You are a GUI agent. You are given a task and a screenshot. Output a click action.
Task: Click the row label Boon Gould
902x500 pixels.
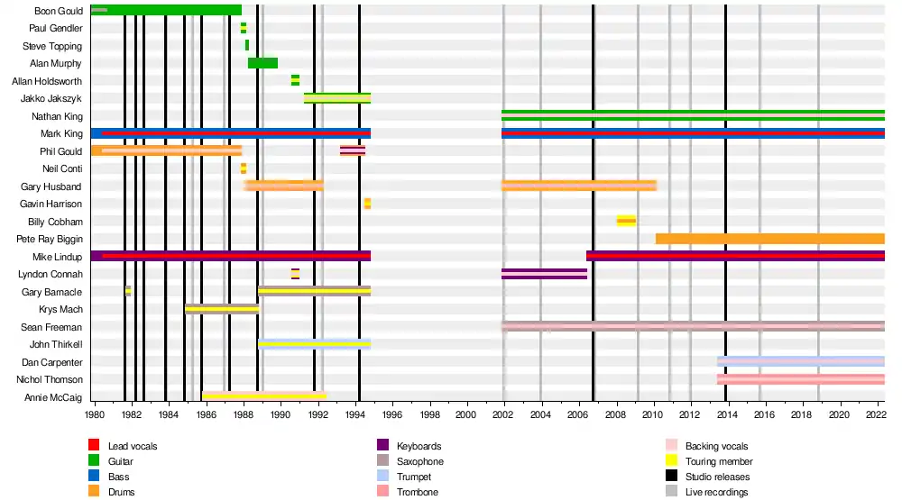[58, 11]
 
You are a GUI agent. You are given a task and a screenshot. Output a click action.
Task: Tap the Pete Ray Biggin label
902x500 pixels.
[50, 240]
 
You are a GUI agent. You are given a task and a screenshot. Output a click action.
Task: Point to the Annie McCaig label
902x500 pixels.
[53, 397]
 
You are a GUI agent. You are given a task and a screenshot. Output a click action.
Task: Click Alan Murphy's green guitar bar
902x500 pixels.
[262, 63]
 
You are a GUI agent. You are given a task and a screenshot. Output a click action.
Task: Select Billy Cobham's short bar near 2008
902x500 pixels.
[626, 221]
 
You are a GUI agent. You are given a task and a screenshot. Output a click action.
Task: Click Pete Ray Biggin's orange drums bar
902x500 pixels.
[769, 239]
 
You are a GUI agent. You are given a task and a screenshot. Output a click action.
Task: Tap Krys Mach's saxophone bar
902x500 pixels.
[222, 309]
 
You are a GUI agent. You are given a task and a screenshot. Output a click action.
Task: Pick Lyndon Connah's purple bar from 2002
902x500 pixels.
[544, 274]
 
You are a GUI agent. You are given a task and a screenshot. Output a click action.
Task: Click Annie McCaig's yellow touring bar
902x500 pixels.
[263, 396]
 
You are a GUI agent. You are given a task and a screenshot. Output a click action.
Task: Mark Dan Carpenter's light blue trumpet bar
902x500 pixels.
[800, 361]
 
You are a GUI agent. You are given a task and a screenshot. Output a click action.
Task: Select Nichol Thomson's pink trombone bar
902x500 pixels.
[800, 379]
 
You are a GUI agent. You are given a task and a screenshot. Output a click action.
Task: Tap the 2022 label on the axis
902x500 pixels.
[875, 415]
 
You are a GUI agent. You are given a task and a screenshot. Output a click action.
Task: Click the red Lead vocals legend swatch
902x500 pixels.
[94, 445]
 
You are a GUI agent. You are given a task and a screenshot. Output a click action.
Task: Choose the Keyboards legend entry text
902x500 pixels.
[419, 446]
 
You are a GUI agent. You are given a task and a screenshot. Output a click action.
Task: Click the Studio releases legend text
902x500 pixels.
[717, 477]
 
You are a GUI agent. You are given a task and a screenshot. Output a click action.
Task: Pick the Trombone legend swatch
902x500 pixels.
[382, 492]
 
